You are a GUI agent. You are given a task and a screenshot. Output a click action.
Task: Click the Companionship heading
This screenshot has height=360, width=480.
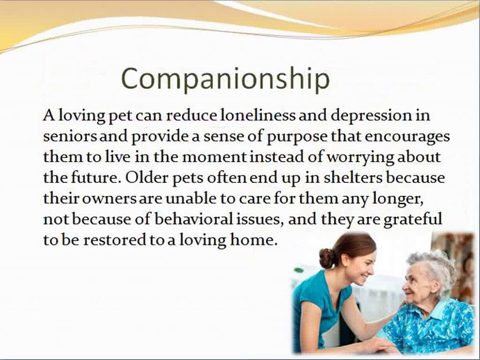coord(225,78)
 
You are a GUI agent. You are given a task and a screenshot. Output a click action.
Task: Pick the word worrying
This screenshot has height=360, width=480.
coord(363,157)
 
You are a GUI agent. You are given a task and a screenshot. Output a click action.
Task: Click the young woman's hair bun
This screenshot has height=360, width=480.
coord(327,258)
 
